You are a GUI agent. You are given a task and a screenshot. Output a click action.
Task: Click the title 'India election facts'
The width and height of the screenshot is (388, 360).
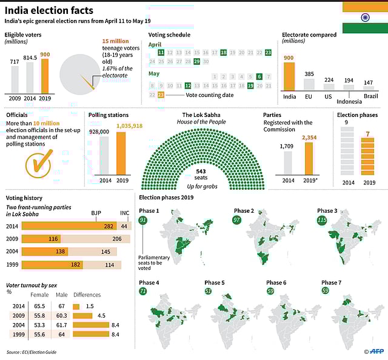tap(50, 10)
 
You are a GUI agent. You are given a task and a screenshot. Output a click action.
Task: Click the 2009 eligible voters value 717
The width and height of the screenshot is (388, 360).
tap(15, 61)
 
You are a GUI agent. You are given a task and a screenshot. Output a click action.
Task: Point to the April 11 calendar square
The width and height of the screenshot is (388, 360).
tap(161, 53)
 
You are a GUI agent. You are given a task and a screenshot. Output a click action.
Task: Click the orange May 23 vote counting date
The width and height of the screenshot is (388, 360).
tap(161, 95)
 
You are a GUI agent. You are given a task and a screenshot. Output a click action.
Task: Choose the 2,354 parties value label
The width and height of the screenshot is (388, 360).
tap(309, 138)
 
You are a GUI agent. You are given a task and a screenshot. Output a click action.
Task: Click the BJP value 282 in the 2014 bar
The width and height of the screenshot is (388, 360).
tap(109, 225)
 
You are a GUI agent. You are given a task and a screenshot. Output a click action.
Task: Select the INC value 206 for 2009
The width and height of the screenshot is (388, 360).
tap(117, 239)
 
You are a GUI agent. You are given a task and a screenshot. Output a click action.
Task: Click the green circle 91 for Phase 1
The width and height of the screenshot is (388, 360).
tap(143, 220)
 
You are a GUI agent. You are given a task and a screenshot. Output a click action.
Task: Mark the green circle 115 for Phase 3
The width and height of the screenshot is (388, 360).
tap(321, 220)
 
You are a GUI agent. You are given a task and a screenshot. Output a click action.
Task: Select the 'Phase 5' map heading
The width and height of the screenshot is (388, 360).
tap(214, 282)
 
